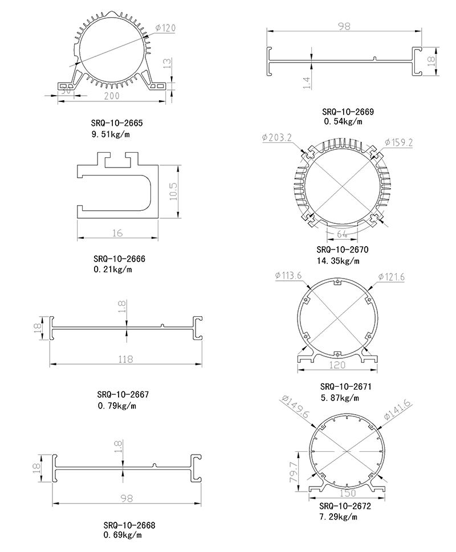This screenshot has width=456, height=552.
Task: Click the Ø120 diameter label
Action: pyautogui.click(x=165, y=28)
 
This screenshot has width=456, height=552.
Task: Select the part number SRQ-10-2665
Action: pyautogui.click(x=117, y=123)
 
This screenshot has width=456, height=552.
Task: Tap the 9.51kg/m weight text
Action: pyautogui.click(x=111, y=134)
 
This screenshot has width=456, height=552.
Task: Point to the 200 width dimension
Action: pyautogui.click(x=112, y=96)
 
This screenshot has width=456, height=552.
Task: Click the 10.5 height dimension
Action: pyautogui.click(x=174, y=191)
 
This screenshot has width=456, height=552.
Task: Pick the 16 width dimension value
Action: pyautogui.click(x=117, y=233)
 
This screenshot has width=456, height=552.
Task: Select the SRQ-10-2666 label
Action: pyautogui.click(x=119, y=259)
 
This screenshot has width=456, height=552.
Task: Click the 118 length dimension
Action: pyautogui.click(x=125, y=359)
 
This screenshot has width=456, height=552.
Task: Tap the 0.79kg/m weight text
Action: pyautogui.click(x=117, y=406)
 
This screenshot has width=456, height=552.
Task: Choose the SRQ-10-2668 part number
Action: pyautogui.click(x=129, y=525)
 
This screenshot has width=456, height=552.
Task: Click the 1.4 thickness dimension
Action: pyautogui.click(x=307, y=83)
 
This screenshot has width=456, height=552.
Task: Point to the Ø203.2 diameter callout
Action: pyautogui.click(x=277, y=137)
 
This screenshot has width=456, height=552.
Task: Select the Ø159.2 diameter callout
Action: pyautogui.click(x=398, y=142)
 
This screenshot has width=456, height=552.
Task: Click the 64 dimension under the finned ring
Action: pyautogui.click(x=342, y=234)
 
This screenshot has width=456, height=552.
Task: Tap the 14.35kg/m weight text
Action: pyautogui.click(x=338, y=261)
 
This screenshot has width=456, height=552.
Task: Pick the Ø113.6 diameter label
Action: pyautogui.click(x=288, y=275)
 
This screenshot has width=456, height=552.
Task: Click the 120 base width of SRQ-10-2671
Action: pyautogui.click(x=337, y=365)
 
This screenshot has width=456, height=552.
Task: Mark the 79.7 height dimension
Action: pyautogui.click(x=293, y=472)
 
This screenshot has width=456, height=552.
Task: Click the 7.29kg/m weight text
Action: pyautogui.click(x=338, y=517)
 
